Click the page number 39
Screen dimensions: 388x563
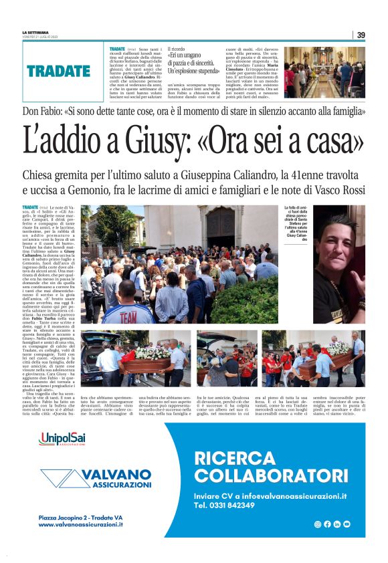[x=361, y=35]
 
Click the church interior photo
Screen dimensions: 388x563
[x=323, y=72]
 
